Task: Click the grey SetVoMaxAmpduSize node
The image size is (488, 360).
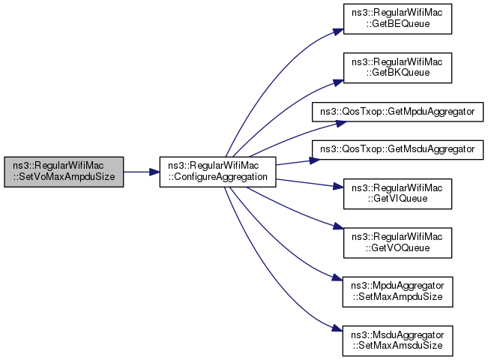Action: (63, 172)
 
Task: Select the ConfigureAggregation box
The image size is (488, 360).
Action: (218, 172)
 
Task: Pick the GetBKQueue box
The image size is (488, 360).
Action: (397, 67)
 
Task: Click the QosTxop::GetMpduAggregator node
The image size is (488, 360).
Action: (397, 111)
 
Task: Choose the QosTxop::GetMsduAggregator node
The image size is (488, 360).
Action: (397, 149)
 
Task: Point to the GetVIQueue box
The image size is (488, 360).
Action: (397, 194)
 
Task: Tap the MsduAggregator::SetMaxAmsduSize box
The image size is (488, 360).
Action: (397, 337)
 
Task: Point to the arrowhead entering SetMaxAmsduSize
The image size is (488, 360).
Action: (338, 328)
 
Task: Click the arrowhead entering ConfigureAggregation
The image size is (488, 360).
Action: (155, 172)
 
